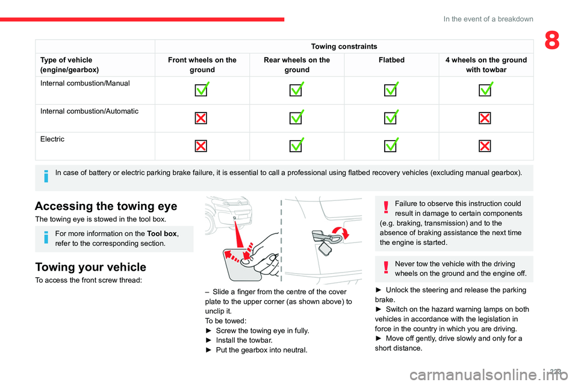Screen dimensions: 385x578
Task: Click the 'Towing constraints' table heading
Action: (344, 46)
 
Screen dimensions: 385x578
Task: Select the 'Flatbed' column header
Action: (391, 60)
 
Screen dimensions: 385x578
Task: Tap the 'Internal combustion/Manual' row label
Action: (85, 83)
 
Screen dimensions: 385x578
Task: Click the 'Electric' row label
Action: (52, 139)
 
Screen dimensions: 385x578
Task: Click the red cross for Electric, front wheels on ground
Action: (201, 146)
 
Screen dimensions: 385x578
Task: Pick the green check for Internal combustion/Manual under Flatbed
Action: (392, 90)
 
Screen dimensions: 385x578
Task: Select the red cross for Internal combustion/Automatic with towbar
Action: (485, 118)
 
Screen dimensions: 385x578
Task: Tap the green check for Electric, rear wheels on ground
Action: (296, 146)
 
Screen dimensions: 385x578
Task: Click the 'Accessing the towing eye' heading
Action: (106, 206)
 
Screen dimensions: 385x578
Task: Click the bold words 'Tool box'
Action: (163, 233)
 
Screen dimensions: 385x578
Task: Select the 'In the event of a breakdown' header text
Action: (488, 19)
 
